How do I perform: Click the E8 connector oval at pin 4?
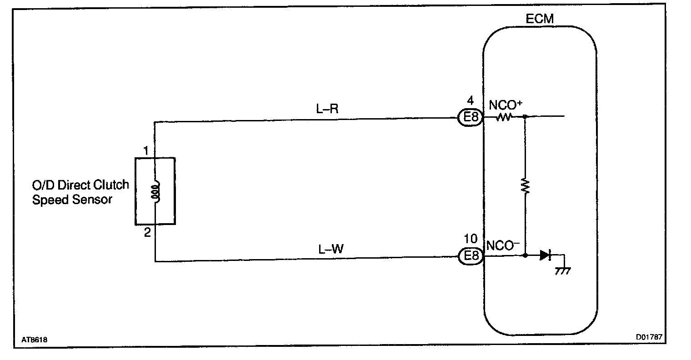[470, 118]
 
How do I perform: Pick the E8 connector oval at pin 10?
[470, 256]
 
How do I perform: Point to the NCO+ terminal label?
[505, 106]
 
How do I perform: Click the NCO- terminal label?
[503, 245]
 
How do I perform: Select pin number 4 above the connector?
[470, 100]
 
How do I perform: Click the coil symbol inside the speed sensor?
[155, 192]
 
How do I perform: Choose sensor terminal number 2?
[147, 233]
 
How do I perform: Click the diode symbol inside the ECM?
[545, 255]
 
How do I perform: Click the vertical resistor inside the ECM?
[526, 186]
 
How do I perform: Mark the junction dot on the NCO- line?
[526, 255]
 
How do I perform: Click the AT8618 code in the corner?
[34, 339]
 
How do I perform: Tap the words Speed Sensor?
[72, 200]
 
